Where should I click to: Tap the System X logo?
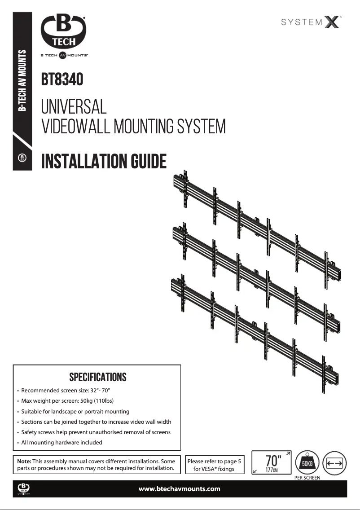312,22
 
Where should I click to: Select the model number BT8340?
62,80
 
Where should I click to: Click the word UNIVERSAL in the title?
74,107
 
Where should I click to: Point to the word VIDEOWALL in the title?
76,127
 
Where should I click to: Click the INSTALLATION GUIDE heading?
104,161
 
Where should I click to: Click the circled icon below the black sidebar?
22,158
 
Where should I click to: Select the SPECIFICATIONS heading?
97,377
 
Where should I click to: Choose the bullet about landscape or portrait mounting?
75,411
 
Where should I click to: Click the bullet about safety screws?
96,432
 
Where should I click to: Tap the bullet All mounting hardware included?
61,442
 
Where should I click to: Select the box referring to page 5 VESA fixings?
214,465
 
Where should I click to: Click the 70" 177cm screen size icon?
271,463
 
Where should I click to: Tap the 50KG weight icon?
307,462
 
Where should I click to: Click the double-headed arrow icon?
335,463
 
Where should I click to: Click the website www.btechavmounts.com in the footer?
180,489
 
